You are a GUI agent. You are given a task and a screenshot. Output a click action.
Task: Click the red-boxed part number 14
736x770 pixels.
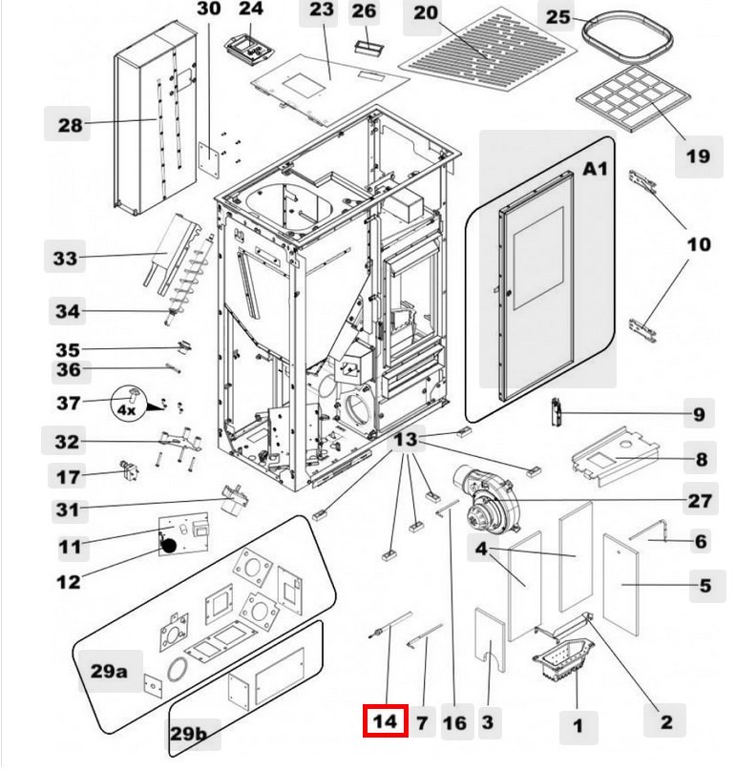385,721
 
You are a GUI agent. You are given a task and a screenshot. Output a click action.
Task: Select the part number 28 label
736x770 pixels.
69,124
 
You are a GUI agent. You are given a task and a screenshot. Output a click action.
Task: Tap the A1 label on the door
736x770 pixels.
596,169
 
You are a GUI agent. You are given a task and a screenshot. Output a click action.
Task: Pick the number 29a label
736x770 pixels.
109,670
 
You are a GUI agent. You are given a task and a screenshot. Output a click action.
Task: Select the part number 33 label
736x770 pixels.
64,258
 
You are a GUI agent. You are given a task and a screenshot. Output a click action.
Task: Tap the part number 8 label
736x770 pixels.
702,460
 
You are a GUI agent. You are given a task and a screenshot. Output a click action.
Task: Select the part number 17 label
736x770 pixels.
69,476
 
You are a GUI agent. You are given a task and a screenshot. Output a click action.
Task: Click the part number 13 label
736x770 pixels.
406,440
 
